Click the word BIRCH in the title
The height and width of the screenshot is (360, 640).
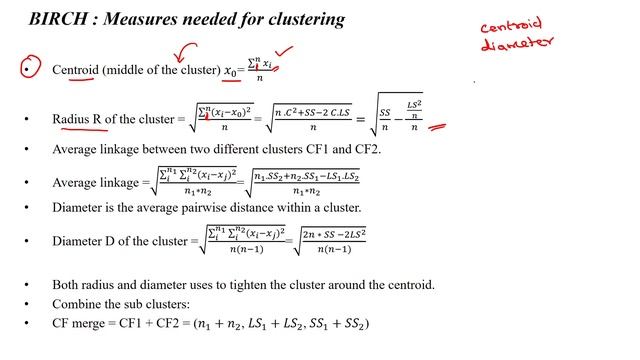[x=55, y=19]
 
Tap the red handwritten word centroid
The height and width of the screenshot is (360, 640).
[x=511, y=26]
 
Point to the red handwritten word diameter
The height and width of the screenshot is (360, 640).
[x=517, y=44]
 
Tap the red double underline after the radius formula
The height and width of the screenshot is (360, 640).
[x=437, y=128]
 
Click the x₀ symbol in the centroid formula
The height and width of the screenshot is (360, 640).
[x=230, y=72]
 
